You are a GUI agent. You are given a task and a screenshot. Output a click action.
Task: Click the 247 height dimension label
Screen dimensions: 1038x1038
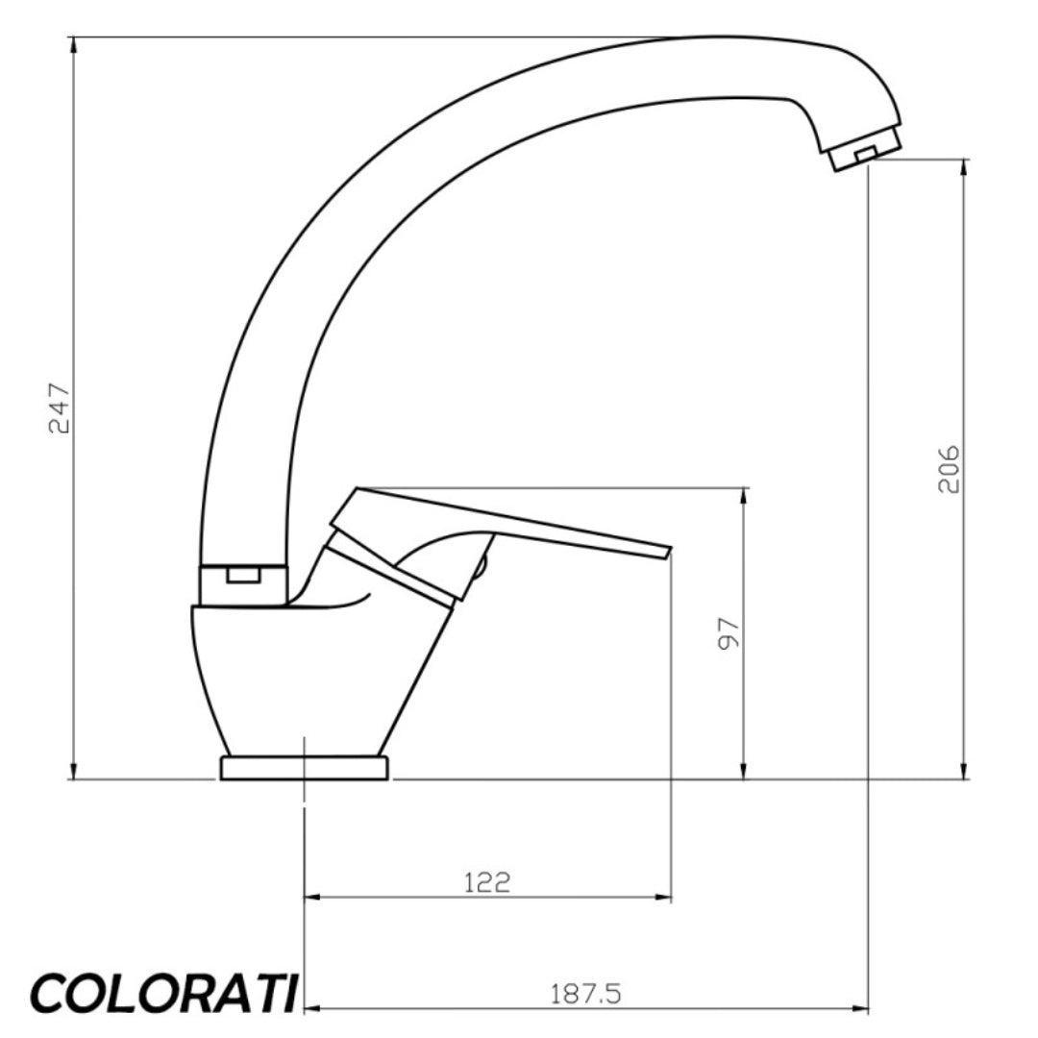click(x=60, y=409)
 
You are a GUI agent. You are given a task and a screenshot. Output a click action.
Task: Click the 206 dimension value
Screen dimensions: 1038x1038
click(x=950, y=469)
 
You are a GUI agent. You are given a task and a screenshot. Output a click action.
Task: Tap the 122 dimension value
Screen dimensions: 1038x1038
click(x=487, y=881)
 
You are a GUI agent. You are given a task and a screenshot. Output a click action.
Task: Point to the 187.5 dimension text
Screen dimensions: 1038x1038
click(x=586, y=994)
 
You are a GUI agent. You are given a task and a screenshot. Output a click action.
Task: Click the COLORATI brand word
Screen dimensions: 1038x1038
click(x=163, y=992)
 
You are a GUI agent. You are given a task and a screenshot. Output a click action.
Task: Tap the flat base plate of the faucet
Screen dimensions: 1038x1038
click(x=306, y=768)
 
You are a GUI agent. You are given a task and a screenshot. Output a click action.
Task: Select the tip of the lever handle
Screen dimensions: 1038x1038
click(x=663, y=552)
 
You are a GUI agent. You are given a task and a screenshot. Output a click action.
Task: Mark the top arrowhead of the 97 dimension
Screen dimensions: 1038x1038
click(x=743, y=496)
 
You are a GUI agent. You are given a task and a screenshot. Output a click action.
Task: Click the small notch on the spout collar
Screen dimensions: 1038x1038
click(x=244, y=576)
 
